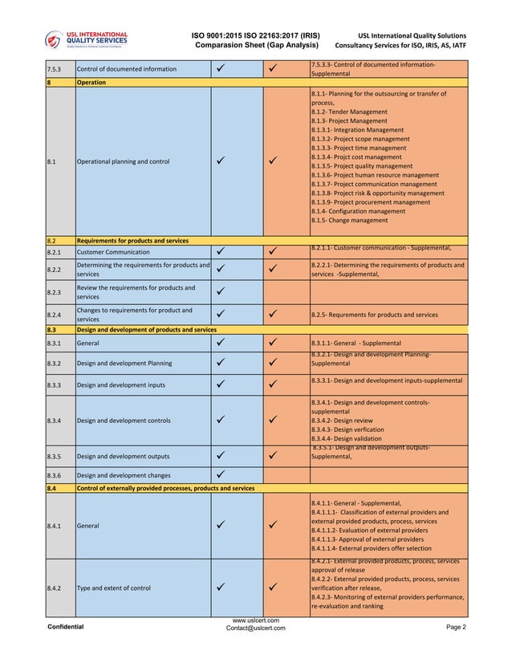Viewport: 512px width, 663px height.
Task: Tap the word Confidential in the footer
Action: point(66,627)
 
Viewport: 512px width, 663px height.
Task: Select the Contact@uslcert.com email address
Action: point(255,628)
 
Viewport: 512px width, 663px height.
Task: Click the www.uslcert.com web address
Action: point(255,620)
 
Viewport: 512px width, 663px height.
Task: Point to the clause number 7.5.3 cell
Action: point(56,69)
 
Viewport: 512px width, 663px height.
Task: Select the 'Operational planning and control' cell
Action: point(123,161)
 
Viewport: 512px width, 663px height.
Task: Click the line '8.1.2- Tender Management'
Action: point(348,112)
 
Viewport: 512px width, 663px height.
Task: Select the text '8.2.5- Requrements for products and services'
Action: point(374,315)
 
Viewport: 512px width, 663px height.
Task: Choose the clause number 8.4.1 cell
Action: point(56,526)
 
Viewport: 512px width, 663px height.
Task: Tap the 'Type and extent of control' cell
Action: point(113,588)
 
